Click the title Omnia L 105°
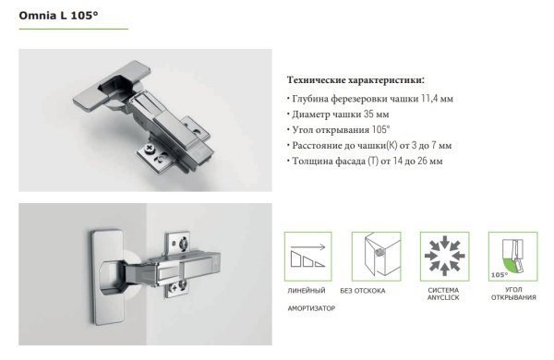tap(52, 16)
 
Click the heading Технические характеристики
tap(355, 80)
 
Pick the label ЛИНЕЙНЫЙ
tap(301, 291)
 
